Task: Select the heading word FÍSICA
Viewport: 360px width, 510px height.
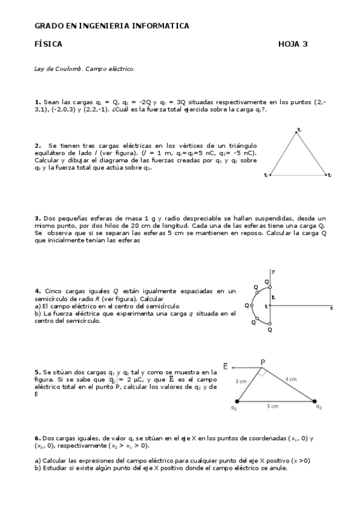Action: click(x=48, y=44)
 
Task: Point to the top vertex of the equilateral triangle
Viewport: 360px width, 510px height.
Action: click(x=297, y=132)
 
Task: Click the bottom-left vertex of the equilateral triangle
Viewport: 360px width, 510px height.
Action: click(x=270, y=175)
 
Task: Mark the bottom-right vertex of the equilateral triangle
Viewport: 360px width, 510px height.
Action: click(x=326, y=175)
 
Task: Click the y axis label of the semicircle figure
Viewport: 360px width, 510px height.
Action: click(x=273, y=272)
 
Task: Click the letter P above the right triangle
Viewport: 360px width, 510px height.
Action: click(x=262, y=361)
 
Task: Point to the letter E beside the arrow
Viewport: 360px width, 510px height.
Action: click(x=225, y=366)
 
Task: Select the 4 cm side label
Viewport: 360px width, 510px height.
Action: click(x=291, y=379)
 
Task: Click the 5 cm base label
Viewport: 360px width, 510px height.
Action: click(x=272, y=407)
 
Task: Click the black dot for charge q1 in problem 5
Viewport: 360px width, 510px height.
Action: click(x=237, y=401)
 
